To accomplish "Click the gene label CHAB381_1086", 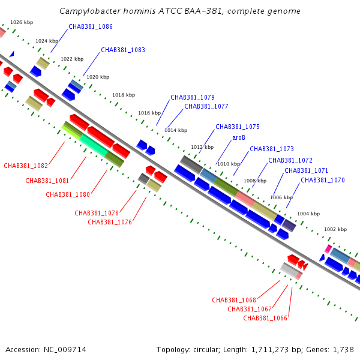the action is (91, 26).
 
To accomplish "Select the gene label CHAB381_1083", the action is (123, 50).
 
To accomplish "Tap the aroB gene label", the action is (239, 138).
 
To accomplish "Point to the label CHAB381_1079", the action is (193, 97).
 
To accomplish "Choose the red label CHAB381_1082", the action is (26, 166).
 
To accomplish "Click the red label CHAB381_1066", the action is (265, 318).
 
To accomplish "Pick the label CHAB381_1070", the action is (323, 180).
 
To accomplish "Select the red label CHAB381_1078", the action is (97, 213).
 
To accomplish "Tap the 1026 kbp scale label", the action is (22, 22).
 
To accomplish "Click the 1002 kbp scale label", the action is (335, 229).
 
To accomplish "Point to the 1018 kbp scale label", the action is (124, 95).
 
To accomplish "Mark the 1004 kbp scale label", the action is (308, 214).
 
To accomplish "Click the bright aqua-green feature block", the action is (94, 145).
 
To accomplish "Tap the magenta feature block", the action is (328, 249).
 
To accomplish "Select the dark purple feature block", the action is (289, 226).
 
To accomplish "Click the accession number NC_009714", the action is (65, 350).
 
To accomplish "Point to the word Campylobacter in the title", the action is (90, 11).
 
